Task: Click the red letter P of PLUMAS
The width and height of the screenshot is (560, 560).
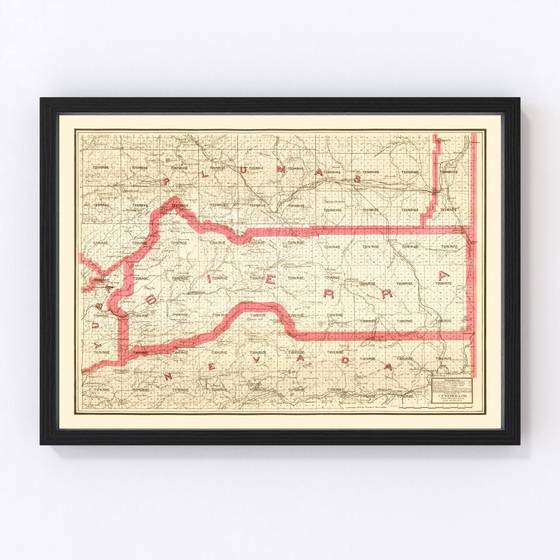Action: pyautogui.click(x=166, y=181)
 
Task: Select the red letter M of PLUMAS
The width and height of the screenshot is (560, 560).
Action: pyautogui.click(x=281, y=169)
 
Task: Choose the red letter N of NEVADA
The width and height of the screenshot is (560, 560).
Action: pyautogui.click(x=167, y=376)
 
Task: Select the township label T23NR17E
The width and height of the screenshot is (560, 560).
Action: pyautogui.click(x=449, y=172)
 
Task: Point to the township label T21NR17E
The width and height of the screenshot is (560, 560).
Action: pyautogui.click(x=449, y=246)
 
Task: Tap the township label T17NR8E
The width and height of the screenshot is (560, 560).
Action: pyautogui.click(x=101, y=389)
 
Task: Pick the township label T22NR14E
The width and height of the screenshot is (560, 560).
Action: pyautogui.click(x=332, y=210)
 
